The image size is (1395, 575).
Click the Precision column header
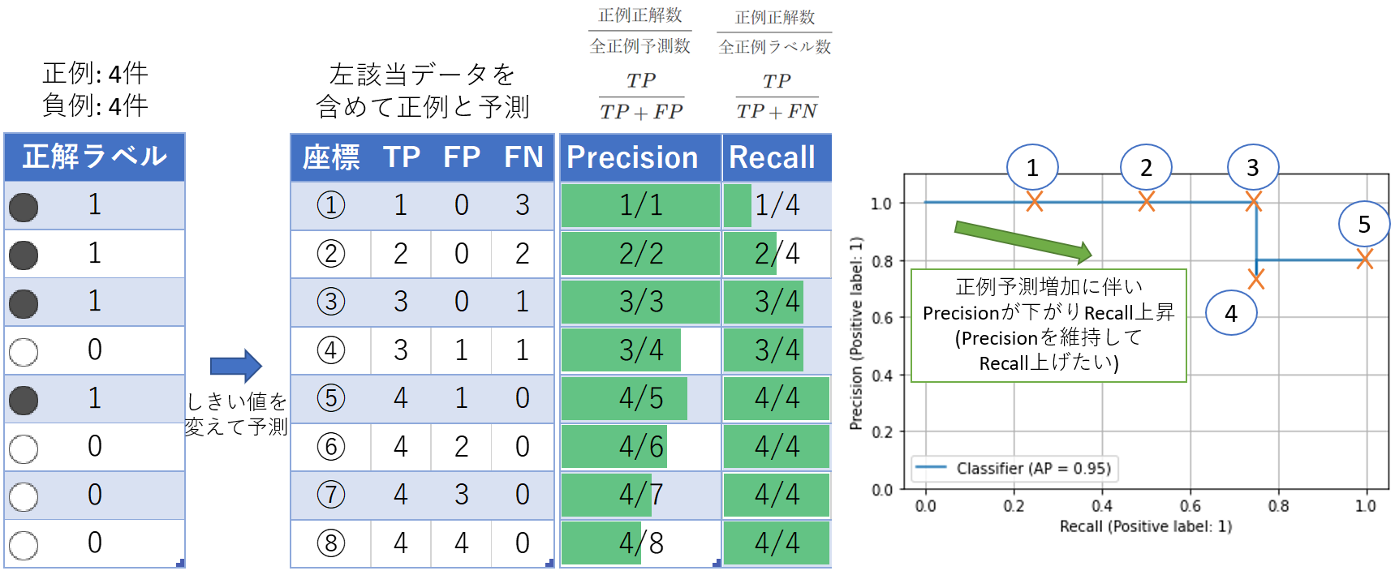click(632, 157)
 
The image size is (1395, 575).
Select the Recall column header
click(772, 157)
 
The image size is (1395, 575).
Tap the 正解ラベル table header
click(95, 157)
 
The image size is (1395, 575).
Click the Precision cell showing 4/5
click(640, 398)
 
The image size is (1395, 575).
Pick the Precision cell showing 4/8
click(640, 543)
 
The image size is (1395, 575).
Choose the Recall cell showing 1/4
click(777, 205)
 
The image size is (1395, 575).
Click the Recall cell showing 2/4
click(777, 254)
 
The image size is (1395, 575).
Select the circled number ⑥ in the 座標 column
click(331, 446)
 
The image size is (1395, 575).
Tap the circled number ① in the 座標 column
click(331, 205)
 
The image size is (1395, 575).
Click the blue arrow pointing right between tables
click(235, 367)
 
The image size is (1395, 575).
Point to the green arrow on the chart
click(1023, 241)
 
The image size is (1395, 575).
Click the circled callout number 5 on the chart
click(1364, 225)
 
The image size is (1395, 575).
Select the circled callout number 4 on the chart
click(1231, 313)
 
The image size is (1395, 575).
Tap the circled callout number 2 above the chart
click(1146, 168)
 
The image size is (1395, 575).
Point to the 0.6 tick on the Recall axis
click(1190, 506)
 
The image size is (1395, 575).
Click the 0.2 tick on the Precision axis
click(882, 432)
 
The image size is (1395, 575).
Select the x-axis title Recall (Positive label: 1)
click(1145, 526)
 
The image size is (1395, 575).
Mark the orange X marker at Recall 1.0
click(1365, 260)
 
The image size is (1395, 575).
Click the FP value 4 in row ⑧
click(461, 543)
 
